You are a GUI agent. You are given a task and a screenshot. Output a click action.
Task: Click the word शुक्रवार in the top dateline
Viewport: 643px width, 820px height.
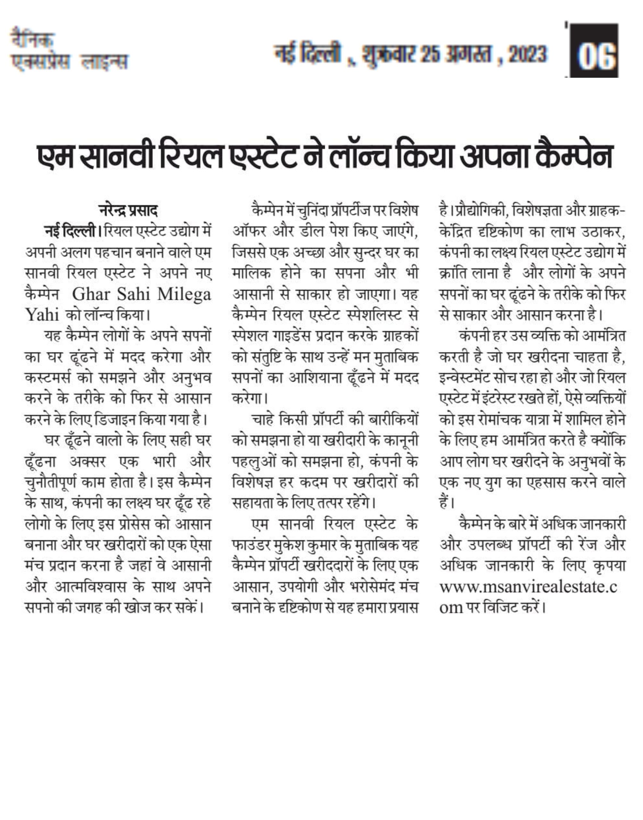389,55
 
